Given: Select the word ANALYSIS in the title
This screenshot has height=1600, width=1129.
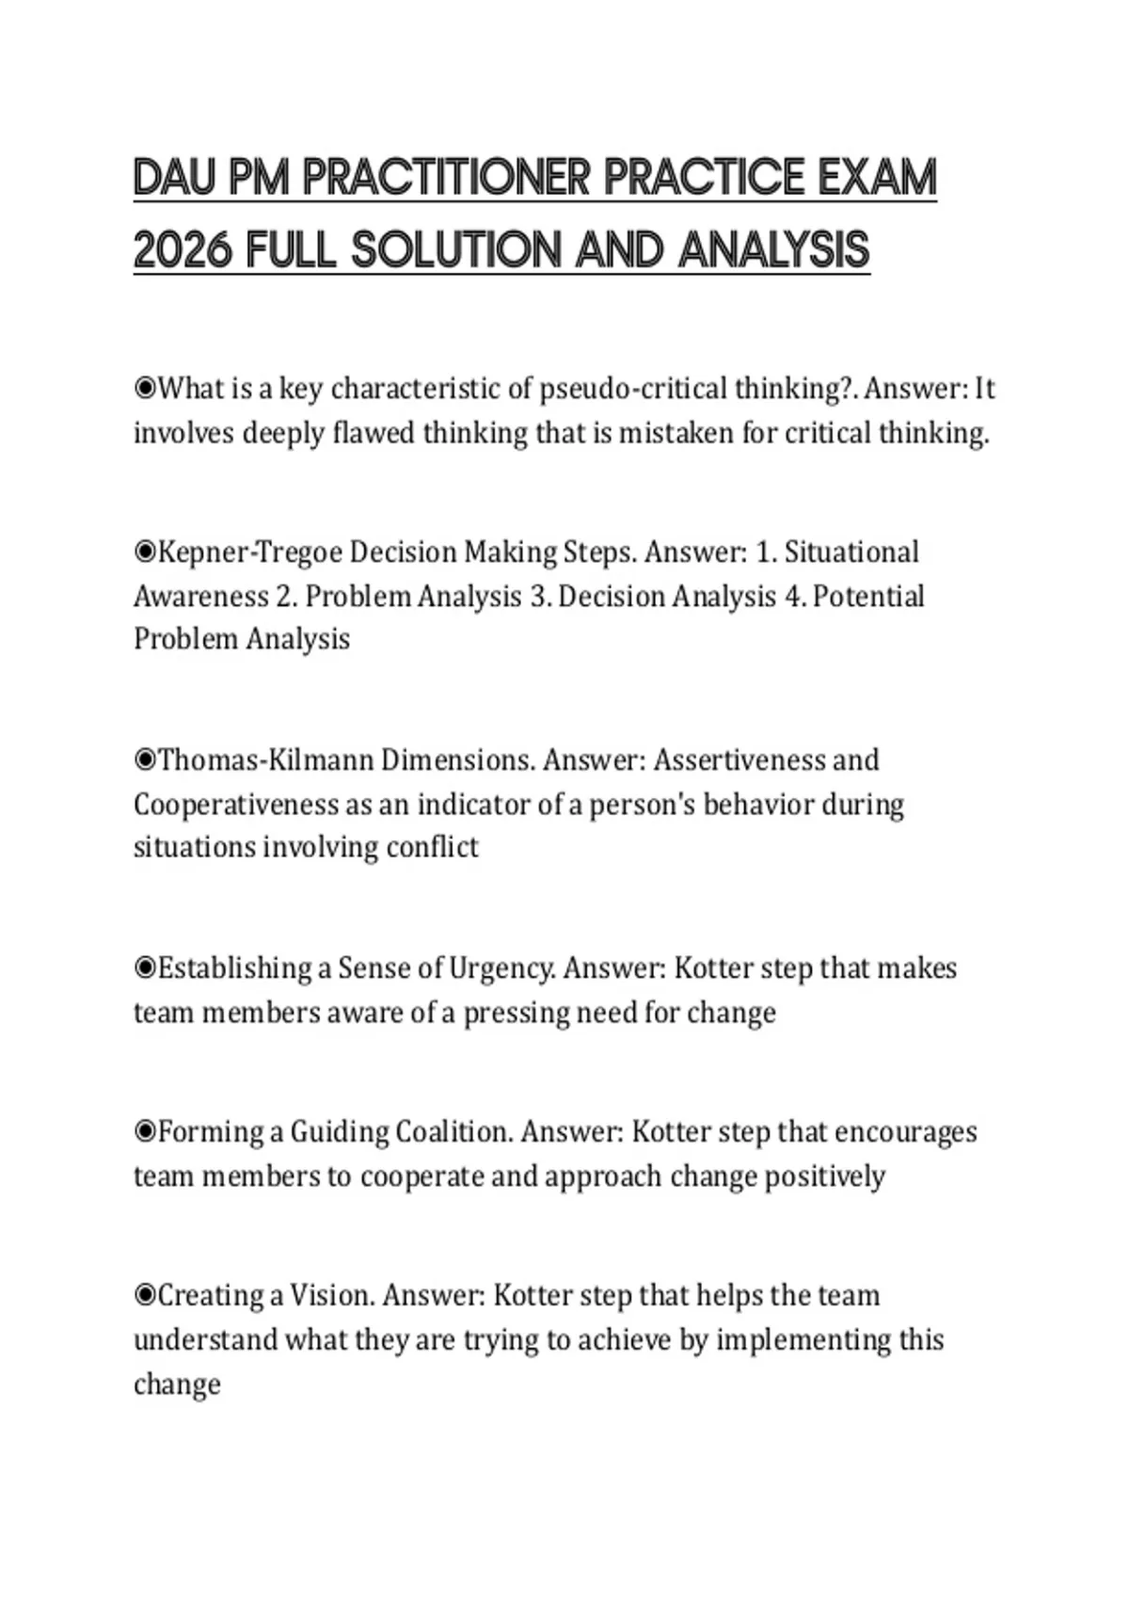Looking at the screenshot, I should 773,250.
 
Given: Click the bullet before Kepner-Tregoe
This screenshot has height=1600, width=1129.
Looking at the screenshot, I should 145,552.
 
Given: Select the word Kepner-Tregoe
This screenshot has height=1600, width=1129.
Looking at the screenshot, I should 249,552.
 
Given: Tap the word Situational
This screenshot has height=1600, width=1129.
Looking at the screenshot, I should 851,552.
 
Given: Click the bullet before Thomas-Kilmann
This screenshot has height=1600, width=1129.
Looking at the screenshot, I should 145,760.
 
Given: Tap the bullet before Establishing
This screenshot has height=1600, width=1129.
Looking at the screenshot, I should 145,968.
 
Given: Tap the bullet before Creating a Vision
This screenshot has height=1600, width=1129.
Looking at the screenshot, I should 145,1295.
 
